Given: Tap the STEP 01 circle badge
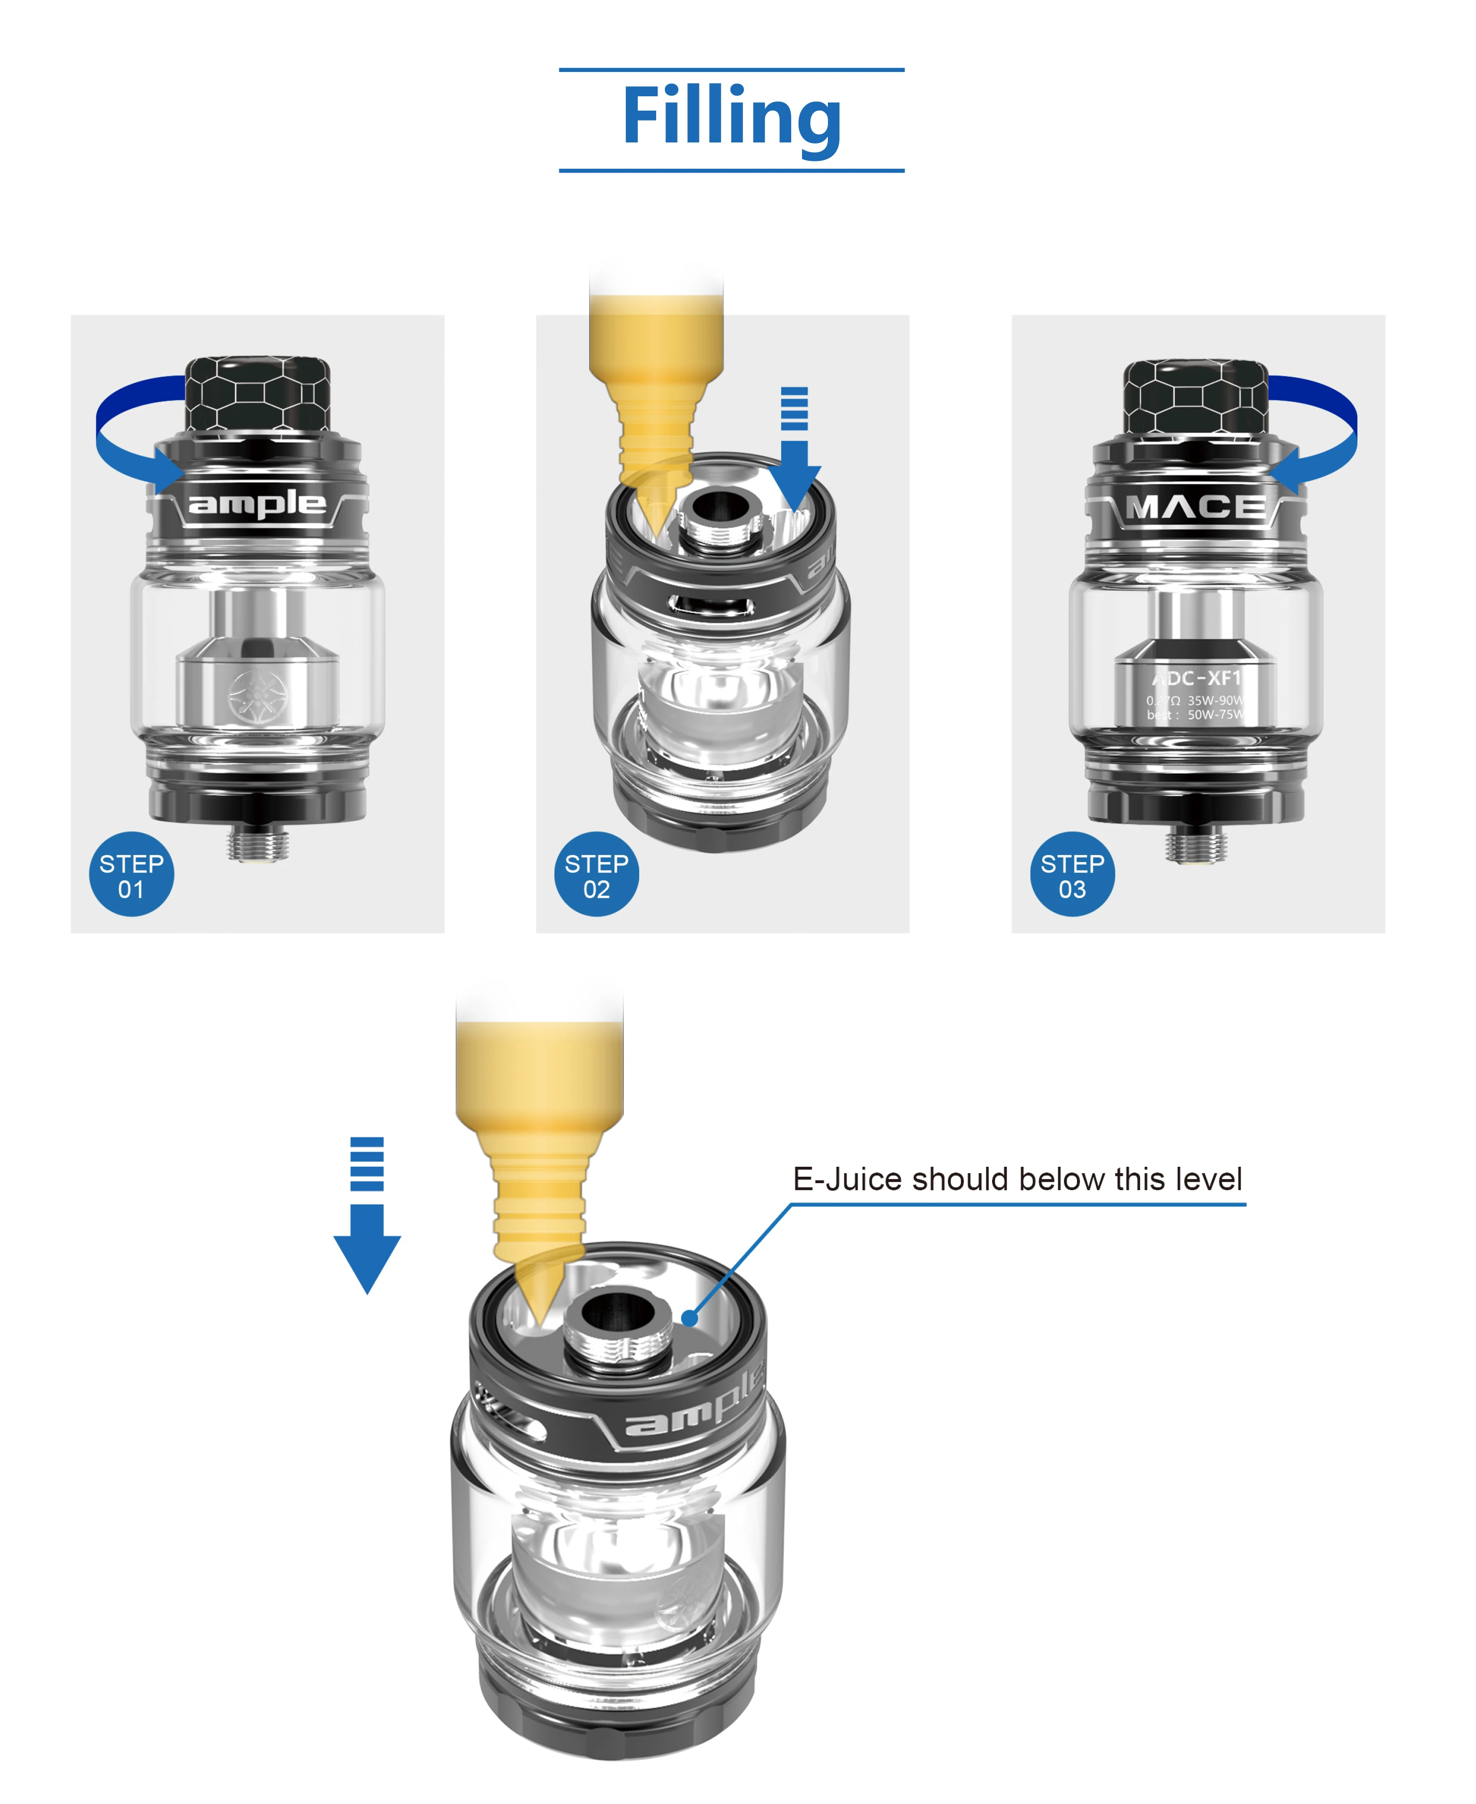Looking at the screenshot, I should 132,874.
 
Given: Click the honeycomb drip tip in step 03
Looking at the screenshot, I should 1196,396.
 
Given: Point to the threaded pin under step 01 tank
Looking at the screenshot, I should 258,843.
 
